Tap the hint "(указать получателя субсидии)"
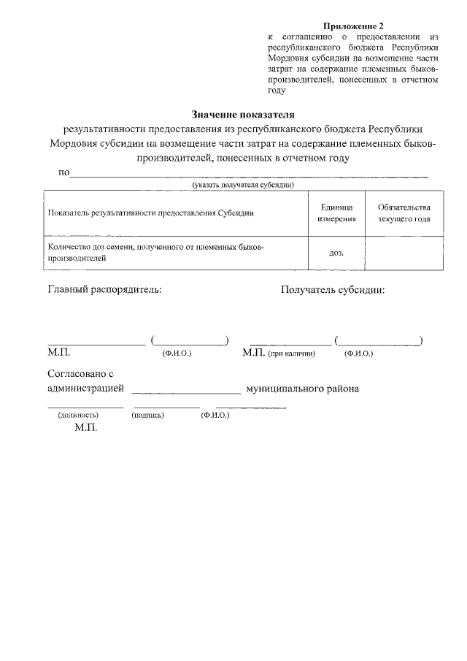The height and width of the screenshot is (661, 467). point(243,186)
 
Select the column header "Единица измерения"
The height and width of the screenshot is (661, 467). point(336,213)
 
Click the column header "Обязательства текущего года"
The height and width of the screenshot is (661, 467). point(404,213)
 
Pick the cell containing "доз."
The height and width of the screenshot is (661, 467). point(336,253)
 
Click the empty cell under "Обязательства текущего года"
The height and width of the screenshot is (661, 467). point(404,253)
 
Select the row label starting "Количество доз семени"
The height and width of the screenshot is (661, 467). point(155,253)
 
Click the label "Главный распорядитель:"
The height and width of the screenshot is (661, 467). point(105,289)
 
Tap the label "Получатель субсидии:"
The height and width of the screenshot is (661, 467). point(333,289)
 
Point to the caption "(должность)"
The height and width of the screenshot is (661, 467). point(78,415)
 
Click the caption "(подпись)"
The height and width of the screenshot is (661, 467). point(147,415)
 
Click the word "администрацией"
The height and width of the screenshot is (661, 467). point(85,389)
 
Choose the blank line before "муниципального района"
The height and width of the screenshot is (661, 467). point(187,392)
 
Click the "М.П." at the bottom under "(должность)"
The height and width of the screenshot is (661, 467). point(85,428)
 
